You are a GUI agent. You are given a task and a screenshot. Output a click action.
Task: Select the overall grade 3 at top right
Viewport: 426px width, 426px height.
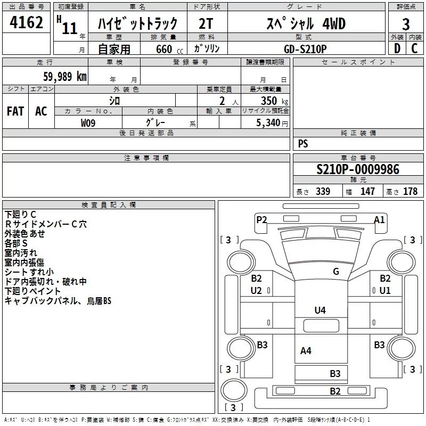click(x=406, y=24)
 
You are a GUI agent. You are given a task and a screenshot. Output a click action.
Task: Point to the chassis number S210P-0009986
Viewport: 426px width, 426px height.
click(x=357, y=170)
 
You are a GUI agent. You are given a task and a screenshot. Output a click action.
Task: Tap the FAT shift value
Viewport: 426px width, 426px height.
click(x=15, y=111)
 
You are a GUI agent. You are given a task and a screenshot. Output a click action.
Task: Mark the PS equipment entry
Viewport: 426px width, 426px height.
click(x=303, y=144)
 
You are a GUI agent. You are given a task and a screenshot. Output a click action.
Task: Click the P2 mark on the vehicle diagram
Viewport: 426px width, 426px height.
click(x=261, y=219)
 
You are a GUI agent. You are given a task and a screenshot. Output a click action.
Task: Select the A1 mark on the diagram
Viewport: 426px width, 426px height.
click(x=379, y=219)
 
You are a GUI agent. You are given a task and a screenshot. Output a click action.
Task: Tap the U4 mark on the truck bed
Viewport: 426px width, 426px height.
click(x=320, y=310)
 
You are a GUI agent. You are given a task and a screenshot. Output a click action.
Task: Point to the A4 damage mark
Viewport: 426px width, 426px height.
click(x=306, y=351)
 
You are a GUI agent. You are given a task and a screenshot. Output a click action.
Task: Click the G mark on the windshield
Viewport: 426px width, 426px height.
click(x=335, y=272)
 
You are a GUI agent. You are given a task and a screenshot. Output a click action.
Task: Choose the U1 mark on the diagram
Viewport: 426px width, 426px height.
click(x=385, y=291)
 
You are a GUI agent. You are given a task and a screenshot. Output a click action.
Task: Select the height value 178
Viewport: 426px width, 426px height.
click(x=411, y=192)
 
